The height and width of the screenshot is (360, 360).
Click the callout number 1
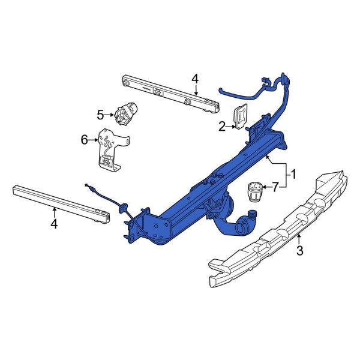click(293, 175)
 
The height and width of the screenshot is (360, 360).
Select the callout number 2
click(221, 126)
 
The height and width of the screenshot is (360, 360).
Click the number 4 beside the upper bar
click(194, 78)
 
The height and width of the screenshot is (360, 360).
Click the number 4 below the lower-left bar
click(54, 224)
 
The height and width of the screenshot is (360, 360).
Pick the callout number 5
click(101, 113)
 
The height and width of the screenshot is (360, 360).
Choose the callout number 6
click(84, 140)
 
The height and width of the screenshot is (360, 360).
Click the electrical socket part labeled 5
click(125, 113)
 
